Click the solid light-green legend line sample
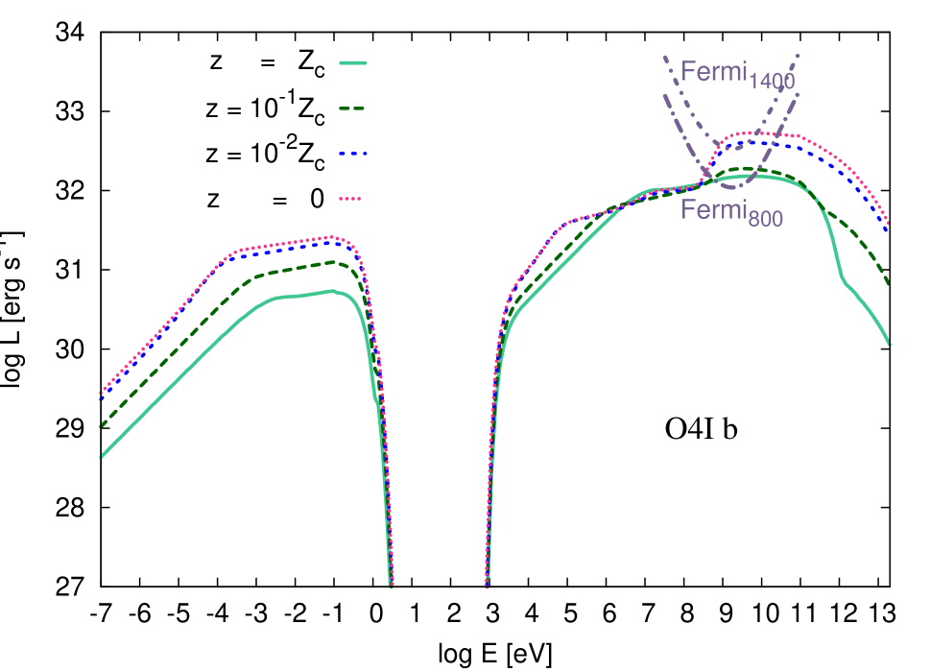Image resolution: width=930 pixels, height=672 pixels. pos(353,63)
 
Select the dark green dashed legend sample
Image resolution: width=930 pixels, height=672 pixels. pos(353,108)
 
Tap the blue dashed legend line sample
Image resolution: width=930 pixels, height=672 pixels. pos(353,154)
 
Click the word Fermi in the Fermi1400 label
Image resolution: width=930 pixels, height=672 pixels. pos(713,72)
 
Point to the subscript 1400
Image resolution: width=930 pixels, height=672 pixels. pos(772,82)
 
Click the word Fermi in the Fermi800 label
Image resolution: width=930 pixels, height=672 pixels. pos(713,210)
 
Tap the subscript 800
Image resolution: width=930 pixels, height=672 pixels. pos(766,220)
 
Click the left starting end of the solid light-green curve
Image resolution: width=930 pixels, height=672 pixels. pos(101,457)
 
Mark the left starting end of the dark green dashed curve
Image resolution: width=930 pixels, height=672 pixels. pos(101,425)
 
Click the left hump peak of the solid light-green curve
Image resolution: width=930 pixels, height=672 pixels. pos(331,290)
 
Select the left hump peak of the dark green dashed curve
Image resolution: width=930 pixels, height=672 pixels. pos(332,261)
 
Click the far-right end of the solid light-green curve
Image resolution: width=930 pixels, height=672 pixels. pos(890,344)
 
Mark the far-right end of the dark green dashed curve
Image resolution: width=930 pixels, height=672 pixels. pos(889,283)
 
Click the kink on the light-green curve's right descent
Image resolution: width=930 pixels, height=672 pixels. pos(845,281)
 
